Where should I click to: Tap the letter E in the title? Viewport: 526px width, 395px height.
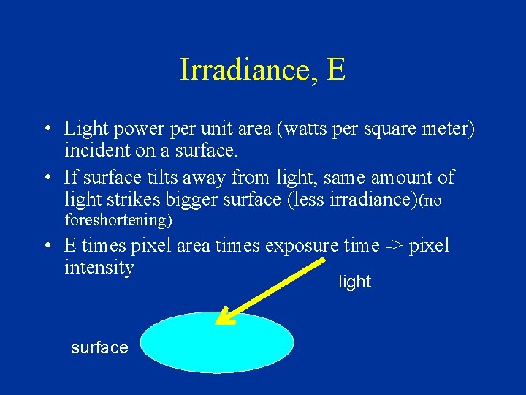337,70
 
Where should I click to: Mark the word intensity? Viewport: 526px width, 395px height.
99,267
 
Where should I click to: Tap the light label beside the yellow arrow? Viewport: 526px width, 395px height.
355,282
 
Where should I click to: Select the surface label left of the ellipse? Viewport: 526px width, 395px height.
99,347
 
